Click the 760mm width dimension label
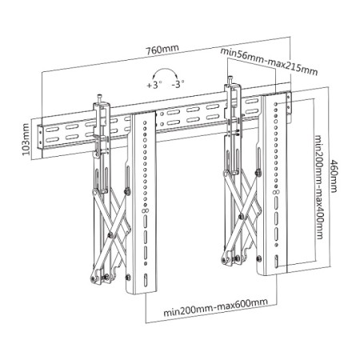[162, 50]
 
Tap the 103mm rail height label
[26, 139]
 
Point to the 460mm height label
[334, 176]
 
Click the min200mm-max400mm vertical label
[319, 187]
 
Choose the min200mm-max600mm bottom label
[215, 307]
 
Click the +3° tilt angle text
[154, 86]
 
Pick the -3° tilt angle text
[178, 84]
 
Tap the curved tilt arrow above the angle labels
[166, 70]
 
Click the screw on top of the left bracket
[100, 98]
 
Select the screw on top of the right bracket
[230, 80]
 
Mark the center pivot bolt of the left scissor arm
[110, 235]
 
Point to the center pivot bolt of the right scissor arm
[241, 216]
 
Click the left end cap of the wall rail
[40, 139]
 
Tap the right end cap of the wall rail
[289, 106]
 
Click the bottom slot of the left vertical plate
[146, 280]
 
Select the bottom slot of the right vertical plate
[277, 262]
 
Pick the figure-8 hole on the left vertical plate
[146, 210]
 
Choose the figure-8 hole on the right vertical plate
[276, 192]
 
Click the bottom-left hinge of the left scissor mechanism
[94, 278]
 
